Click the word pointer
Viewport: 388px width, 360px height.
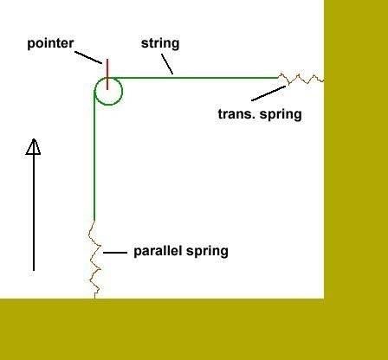tap(50, 44)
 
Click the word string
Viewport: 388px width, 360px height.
tap(160, 44)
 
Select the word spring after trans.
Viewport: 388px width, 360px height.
tap(281, 115)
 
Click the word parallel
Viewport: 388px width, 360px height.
tap(159, 251)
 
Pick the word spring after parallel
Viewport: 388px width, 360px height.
tap(207, 252)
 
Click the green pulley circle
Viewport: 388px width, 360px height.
tap(122, 92)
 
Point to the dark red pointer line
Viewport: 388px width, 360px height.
tap(107, 74)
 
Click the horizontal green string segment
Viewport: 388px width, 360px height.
tap(193, 78)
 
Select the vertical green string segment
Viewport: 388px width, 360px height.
tap(94, 156)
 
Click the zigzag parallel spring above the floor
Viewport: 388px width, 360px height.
tap(94, 260)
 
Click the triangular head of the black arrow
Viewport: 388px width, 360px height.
tap(33, 147)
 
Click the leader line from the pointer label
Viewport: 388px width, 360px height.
tap(88, 57)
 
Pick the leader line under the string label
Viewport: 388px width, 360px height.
tap(167, 64)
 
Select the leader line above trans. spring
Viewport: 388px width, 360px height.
tap(268, 93)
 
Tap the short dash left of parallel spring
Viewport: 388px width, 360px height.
tap(115, 253)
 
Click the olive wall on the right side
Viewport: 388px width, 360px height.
tap(356, 150)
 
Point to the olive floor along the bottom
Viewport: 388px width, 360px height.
tap(194, 330)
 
